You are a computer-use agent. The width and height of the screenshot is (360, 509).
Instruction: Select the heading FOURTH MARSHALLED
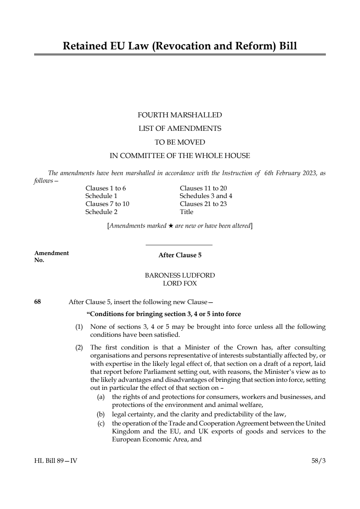coord(179,115)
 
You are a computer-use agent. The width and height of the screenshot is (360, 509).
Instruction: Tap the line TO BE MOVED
coord(179,142)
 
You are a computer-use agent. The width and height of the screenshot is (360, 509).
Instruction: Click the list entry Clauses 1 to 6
coord(105,188)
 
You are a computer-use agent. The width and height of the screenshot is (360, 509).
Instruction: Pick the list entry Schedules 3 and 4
coord(206,196)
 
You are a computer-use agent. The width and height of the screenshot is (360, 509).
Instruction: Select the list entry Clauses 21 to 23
coord(203,204)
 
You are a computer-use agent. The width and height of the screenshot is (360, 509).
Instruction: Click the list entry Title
coord(186,212)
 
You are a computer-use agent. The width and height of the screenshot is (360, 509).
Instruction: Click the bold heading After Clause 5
coord(180,255)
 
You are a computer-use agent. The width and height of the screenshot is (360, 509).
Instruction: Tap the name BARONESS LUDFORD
coord(180,275)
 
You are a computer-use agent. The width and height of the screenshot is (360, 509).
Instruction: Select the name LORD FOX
coord(180,283)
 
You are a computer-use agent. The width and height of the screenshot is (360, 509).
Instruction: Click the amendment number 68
coord(37,302)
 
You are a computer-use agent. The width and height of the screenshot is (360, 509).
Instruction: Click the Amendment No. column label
coord(51,256)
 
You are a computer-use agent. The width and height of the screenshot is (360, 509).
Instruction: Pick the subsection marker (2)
coord(79,348)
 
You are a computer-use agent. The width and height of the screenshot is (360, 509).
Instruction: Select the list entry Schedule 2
coord(101,212)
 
